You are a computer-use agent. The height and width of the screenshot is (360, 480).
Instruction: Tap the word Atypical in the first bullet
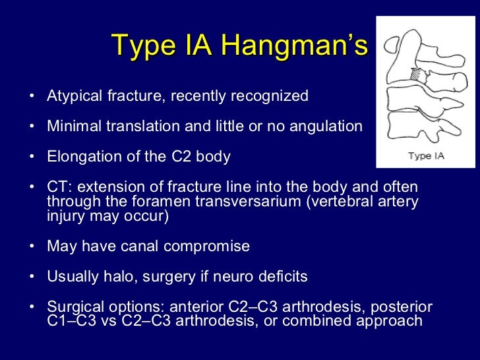coord(75,96)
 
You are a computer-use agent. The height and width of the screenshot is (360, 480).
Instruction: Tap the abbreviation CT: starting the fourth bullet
coord(59,187)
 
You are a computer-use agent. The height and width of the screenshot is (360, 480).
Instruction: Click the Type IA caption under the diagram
coord(425,156)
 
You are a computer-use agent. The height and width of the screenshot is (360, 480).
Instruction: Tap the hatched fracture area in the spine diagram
coord(416,75)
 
